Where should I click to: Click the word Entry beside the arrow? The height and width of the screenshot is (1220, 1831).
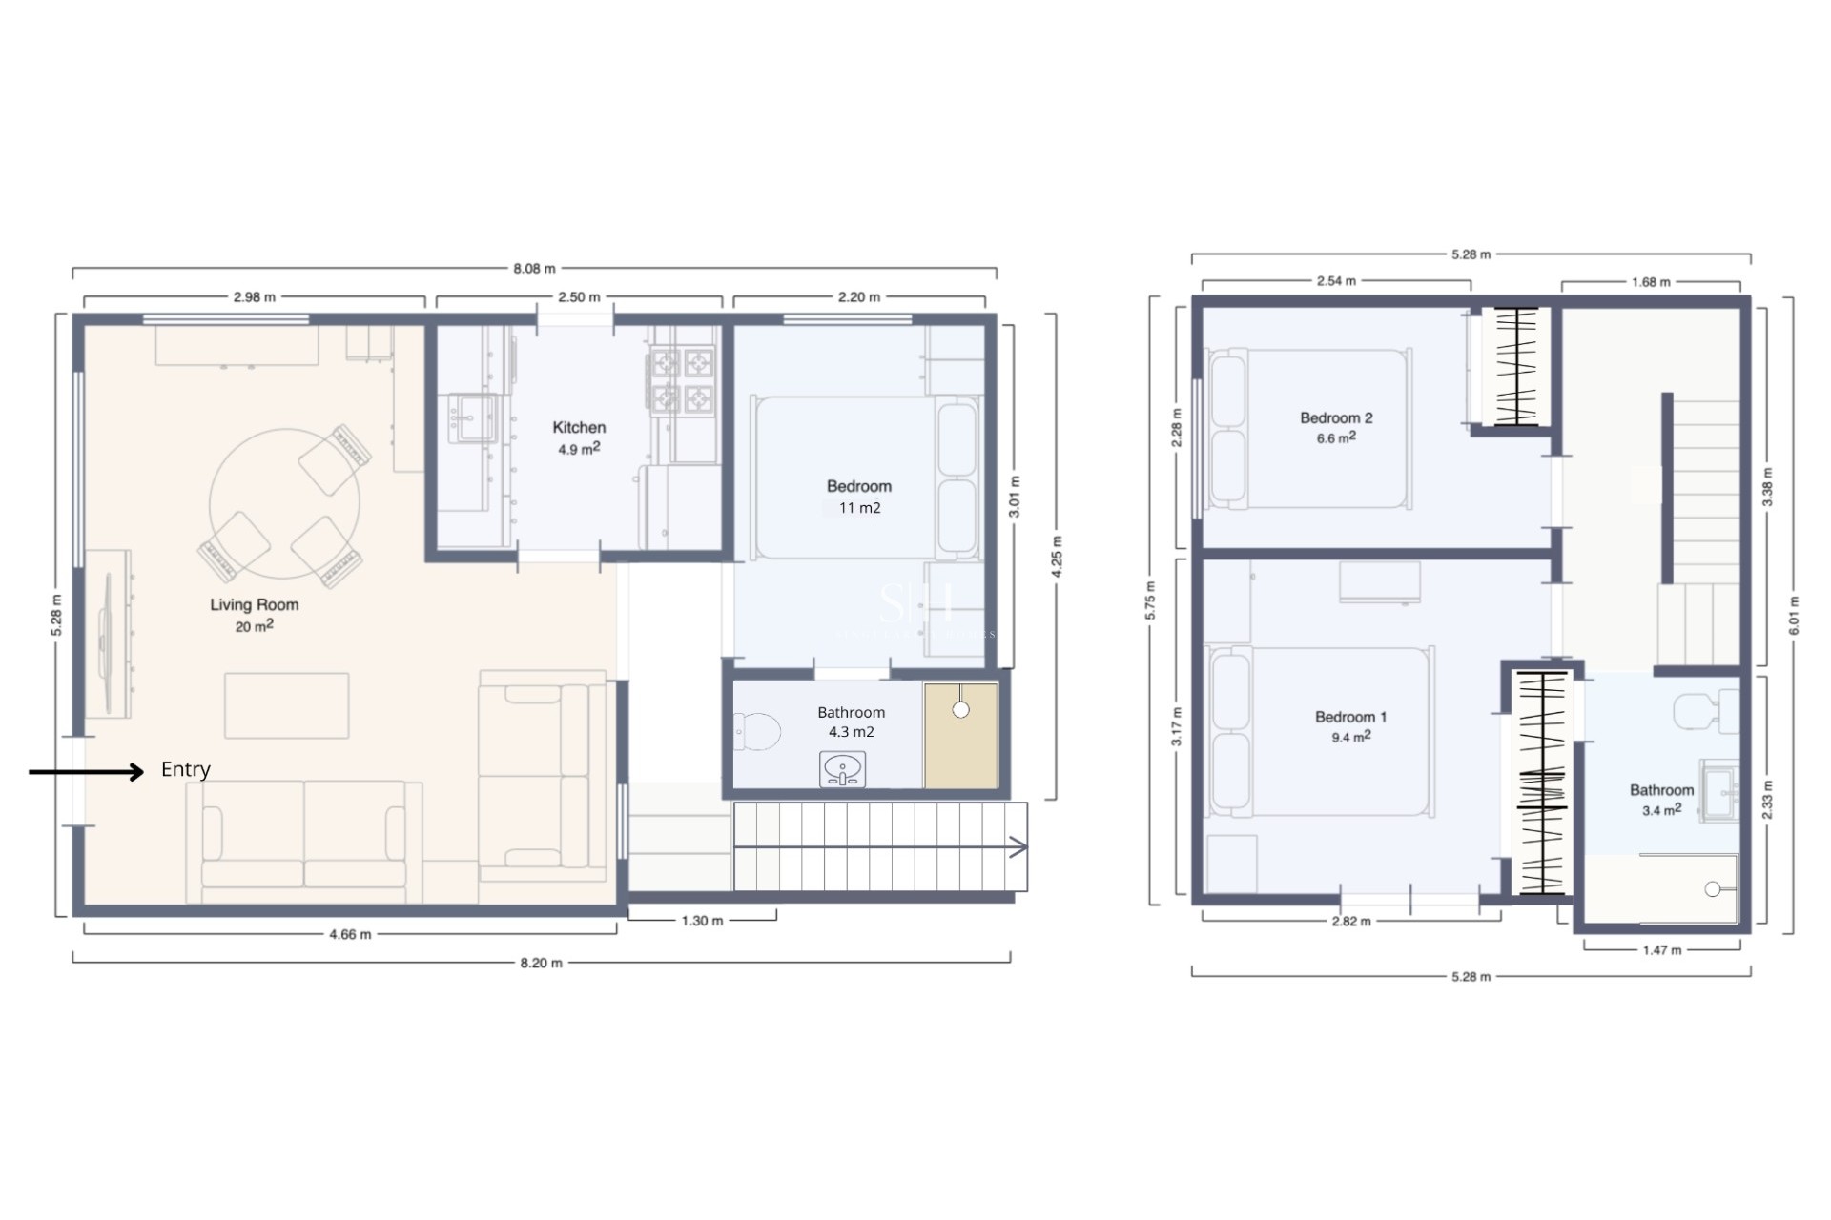click(x=185, y=769)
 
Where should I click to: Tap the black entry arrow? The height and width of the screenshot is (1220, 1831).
click(x=86, y=771)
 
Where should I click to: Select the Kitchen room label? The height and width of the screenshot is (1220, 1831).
click(x=579, y=428)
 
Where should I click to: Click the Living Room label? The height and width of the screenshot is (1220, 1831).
click(x=254, y=605)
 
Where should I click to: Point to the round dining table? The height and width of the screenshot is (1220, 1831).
click(x=284, y=503)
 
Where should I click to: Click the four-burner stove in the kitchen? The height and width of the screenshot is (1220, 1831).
click(x=682, y=380)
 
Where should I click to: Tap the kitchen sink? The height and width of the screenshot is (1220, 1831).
click(x=471, y=418)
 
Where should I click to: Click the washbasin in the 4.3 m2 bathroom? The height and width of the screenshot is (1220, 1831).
click(x=843, y=768)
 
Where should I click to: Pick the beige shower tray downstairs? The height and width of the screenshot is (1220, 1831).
click(x=960, y=736)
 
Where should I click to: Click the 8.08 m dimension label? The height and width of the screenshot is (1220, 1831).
click(x=534, y=269)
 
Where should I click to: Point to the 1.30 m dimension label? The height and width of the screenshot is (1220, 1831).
click(x=702, y=921)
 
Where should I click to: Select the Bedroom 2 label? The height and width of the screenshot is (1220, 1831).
click(x=1336, y=418)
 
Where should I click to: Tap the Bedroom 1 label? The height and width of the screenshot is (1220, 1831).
click(x=1350, y=717)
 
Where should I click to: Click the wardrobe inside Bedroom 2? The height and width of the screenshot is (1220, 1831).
click(x=1516, y=366)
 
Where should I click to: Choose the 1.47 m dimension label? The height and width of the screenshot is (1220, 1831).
click(x=1661, y=950)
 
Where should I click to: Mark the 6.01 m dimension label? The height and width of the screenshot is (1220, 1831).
click(x=1794, y=616)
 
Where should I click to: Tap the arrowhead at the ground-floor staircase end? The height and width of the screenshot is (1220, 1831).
click(x=1018, y=847)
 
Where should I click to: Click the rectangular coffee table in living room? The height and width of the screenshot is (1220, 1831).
click(x=286, y=705)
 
